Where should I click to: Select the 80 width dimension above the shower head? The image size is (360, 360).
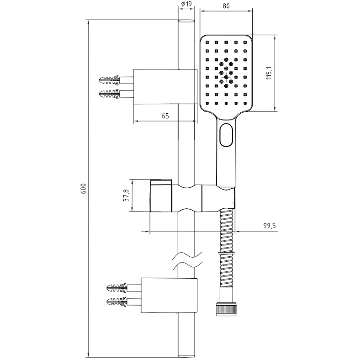point(226,5)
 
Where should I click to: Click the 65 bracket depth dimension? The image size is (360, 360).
point(165,116)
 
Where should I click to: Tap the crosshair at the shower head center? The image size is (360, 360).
point(226,77)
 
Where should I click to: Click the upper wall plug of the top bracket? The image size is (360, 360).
point(109,79)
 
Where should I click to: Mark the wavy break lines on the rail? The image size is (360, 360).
point(186,261)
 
